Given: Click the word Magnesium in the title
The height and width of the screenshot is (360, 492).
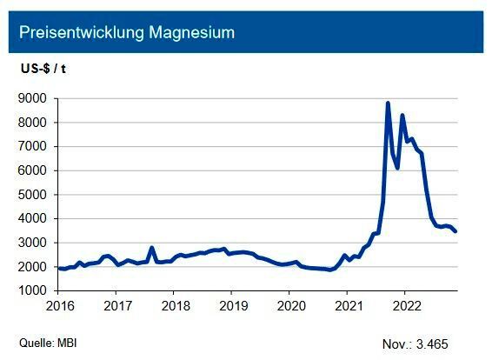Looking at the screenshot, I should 190,33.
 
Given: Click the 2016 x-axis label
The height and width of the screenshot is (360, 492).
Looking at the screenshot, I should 59,305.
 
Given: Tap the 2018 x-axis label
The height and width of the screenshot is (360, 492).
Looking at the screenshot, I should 175,305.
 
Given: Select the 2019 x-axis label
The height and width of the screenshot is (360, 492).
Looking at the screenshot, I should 232,305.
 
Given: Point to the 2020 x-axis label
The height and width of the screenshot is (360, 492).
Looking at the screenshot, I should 290,305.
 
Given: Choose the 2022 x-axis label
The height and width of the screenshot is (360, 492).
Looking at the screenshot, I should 405,305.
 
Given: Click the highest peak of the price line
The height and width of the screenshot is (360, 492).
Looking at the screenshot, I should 388,103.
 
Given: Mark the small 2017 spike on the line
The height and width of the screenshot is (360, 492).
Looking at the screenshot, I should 152,248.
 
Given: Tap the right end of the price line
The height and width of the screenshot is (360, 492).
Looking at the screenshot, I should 455,231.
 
